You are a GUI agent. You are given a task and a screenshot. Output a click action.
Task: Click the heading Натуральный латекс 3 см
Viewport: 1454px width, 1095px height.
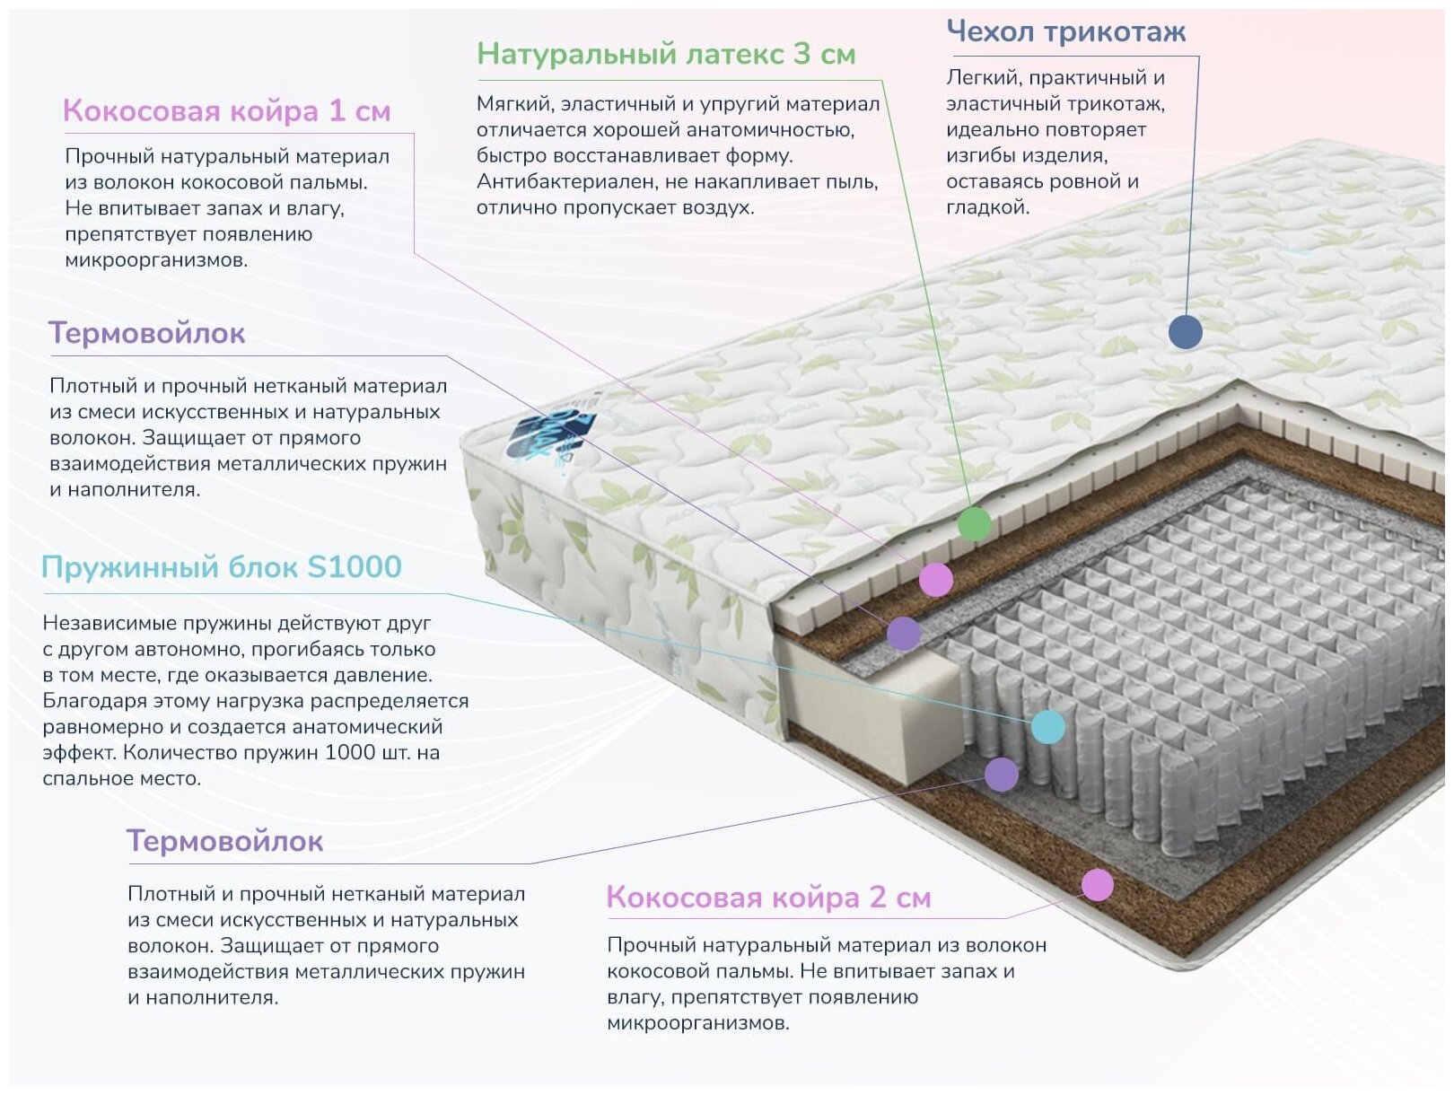tap(665, 54)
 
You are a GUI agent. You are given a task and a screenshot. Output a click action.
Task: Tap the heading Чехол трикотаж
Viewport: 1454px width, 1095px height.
tap(1065, 32)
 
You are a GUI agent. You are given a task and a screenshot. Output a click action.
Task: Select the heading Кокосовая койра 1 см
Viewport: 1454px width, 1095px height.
tap(226, 111)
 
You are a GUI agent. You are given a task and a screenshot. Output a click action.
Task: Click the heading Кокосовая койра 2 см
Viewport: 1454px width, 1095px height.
tap(768, 897)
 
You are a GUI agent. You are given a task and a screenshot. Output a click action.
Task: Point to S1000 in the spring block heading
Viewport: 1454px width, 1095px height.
tap(355, 567)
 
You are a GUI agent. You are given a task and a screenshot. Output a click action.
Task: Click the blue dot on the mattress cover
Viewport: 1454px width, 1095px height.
tap(1185, 332)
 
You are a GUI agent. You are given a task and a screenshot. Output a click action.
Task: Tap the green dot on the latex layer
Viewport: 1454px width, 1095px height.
tap(974, 523)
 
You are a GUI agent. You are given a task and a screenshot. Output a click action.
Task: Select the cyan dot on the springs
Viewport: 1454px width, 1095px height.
tap(1047, 727)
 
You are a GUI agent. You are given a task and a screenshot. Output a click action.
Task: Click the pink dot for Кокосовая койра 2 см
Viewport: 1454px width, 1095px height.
tap(1097, 885)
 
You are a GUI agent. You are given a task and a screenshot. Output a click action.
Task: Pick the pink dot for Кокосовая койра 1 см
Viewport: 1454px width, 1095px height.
tap(935, 580)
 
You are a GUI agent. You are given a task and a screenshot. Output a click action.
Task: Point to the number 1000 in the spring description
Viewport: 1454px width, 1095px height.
tap(351, 752)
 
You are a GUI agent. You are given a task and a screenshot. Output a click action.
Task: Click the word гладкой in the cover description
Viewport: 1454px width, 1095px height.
tap(987, 207)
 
